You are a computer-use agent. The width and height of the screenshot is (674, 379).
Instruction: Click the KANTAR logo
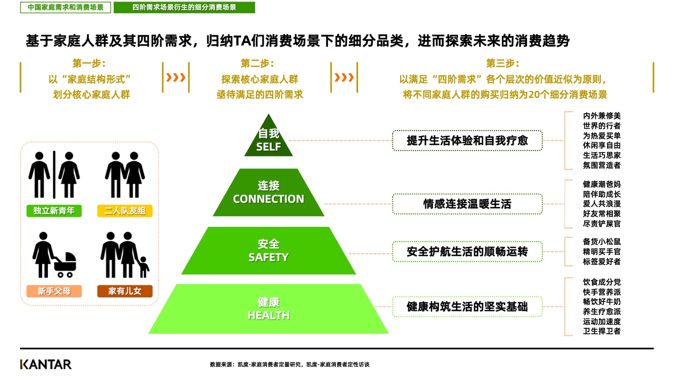tap(46, 364)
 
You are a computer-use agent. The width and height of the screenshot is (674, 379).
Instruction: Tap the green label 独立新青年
tap(54, 211)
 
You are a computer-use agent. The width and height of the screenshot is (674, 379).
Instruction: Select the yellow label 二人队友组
tap(125, 211)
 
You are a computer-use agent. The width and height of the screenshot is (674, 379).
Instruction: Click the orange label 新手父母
tap(54, 291)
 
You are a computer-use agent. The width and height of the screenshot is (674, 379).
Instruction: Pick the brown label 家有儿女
tap(125, 291)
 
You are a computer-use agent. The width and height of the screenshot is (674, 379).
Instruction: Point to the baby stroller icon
tap(65, 264)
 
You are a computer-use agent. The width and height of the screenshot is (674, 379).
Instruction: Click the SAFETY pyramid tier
tap(269, 251)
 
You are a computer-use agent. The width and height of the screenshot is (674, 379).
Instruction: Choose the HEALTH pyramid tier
tap(269, 309)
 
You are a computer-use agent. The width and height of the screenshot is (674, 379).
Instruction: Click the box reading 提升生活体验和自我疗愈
tap(467, 141)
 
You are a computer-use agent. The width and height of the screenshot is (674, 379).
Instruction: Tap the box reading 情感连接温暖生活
tap(467, 204)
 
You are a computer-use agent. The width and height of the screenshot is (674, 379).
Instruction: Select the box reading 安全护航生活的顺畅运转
tap(467, 251)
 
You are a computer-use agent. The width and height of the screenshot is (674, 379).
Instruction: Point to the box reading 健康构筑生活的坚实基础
tap(467, 306)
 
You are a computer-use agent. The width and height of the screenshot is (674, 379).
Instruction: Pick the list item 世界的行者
tap(601, 126)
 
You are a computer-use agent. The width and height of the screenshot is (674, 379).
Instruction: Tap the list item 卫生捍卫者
tap(601, 331)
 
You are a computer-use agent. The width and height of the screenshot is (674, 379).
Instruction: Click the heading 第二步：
tap(257, 64)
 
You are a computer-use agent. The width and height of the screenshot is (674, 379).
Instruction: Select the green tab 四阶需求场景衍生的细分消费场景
tap(184, 7)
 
